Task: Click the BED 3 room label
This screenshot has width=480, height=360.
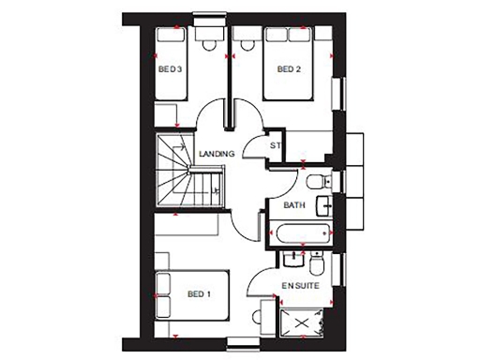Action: click(x=169, y=69)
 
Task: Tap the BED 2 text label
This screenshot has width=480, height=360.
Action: click(x=288, y=69)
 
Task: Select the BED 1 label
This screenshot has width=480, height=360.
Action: click(x=198, y=294)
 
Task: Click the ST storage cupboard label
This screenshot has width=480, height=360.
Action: click(x=276, y=146)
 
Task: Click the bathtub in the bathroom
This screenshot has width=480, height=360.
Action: click(x=300, y=232)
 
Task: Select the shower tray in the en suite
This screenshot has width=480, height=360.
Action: click(x=306, y=322)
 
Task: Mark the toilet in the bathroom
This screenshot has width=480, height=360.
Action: click(x=314, y=179)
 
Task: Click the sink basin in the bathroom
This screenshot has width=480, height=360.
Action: click(x=324, y=204)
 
